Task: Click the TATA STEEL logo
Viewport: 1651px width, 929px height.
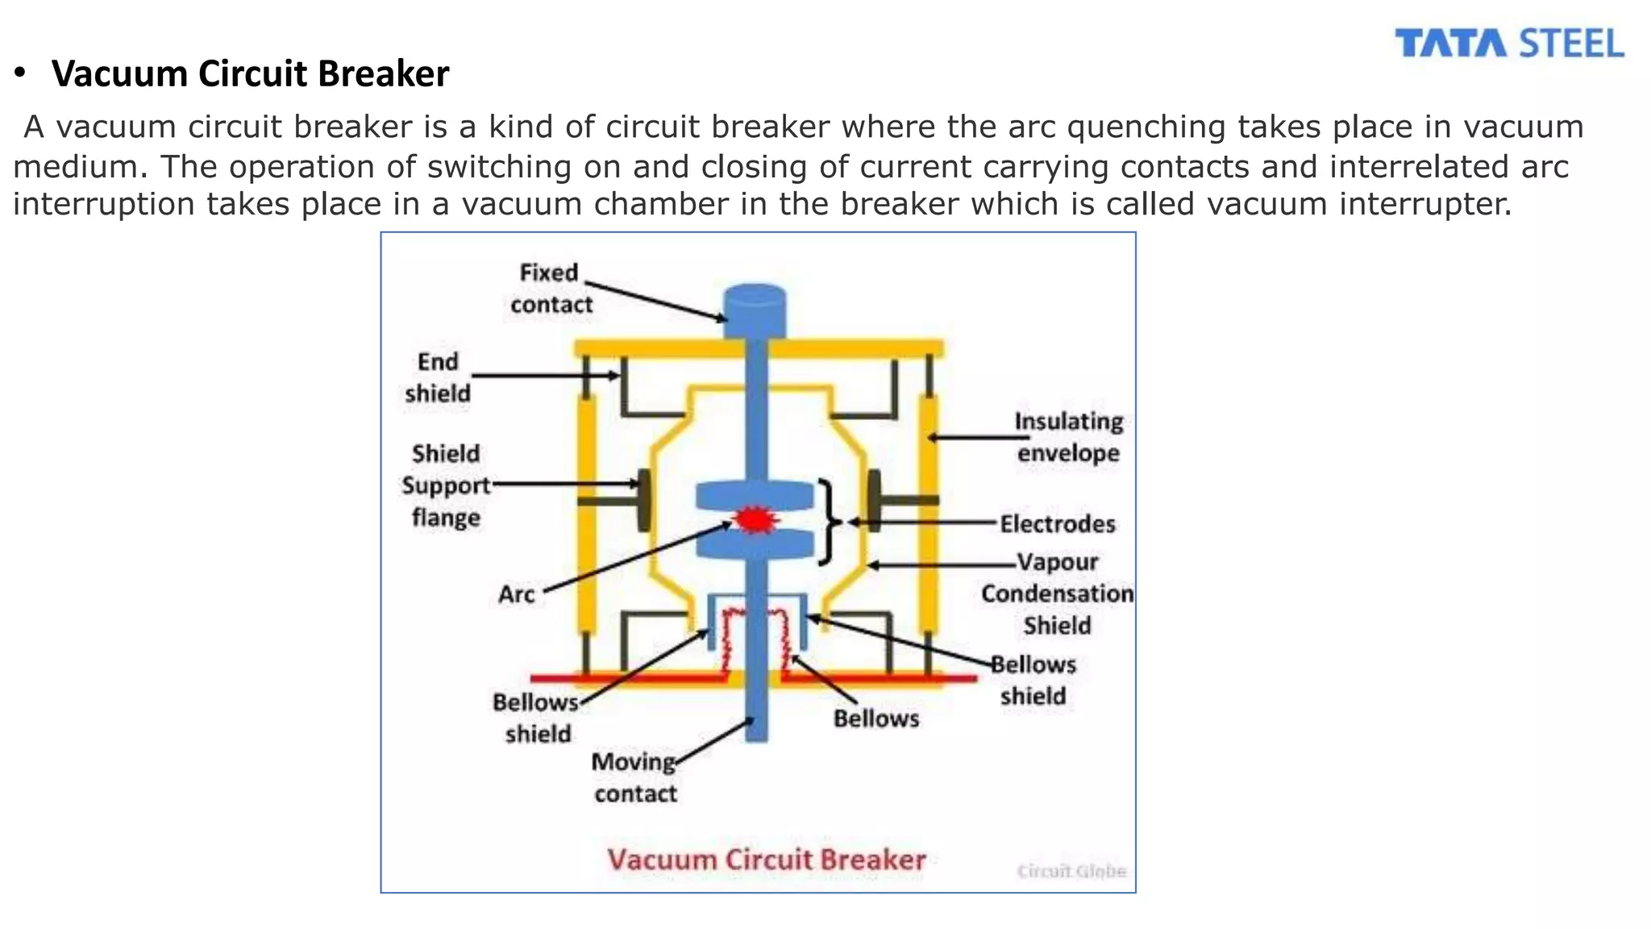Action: [1509, 44]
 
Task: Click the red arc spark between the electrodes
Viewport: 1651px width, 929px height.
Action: [755, 519]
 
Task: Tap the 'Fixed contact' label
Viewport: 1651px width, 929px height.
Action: [551, 289]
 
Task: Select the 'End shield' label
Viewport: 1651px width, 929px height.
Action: [438, 377]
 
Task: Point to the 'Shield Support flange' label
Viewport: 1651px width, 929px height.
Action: [446, 485]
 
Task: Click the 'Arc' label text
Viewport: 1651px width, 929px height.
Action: [517, 594]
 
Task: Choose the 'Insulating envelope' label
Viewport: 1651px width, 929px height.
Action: [1068, 437]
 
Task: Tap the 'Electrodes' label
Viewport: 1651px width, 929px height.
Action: [1058, 524]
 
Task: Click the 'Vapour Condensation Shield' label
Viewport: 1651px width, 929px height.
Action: [1058, 594]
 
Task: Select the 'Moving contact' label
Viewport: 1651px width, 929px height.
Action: [635, 778]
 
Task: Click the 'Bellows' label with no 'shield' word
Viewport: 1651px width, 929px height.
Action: [876, 719]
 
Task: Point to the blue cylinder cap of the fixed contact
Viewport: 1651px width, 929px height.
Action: [755, 310]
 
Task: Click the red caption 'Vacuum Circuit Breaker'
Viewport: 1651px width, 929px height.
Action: [766, 860]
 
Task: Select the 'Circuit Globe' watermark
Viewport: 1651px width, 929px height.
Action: [1071, 872]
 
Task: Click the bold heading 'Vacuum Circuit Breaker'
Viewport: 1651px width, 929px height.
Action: [250, 73]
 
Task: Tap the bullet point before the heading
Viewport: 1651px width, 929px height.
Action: [21, 73]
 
